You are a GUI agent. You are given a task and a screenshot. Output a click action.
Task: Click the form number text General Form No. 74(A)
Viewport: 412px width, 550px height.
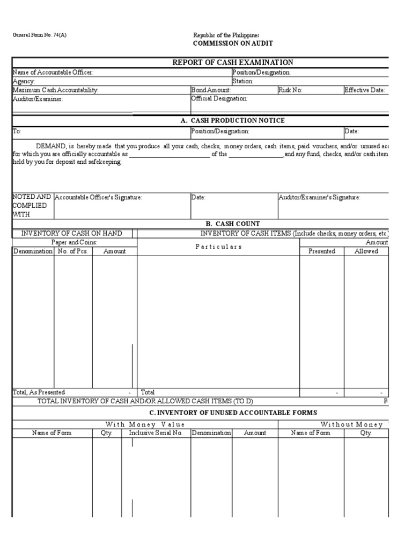pos(40,35)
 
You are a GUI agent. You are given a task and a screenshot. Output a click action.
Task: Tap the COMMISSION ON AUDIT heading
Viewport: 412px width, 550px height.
pos(229,44)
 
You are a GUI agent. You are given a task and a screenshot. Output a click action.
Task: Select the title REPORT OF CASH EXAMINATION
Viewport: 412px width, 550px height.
pos(232,63)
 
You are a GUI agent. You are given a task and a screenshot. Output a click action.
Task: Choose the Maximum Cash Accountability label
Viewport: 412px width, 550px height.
pos(55,90)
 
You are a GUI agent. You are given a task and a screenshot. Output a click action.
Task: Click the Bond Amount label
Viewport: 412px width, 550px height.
pos(211,90)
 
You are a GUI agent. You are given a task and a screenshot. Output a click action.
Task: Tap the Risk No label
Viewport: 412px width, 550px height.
pos(290,90)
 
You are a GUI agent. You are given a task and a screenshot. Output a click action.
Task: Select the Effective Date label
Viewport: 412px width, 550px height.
pos(364,90)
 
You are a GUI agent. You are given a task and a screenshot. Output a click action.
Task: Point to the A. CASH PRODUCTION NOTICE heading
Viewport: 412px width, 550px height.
pos(232,121)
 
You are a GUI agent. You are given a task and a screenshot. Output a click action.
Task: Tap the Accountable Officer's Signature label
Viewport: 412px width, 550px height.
pos(98,198)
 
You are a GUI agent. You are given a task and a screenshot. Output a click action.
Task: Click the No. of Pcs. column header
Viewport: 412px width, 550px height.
pos(72,251)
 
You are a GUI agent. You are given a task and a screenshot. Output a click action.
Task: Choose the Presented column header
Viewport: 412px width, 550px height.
pos(322,251)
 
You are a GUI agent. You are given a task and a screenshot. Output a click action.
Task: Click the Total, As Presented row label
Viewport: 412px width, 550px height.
pos(39,393)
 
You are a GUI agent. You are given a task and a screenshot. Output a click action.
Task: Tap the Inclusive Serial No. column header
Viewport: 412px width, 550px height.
pos(156,433)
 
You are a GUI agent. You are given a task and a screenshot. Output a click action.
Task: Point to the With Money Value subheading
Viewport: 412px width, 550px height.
pos(145,424)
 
